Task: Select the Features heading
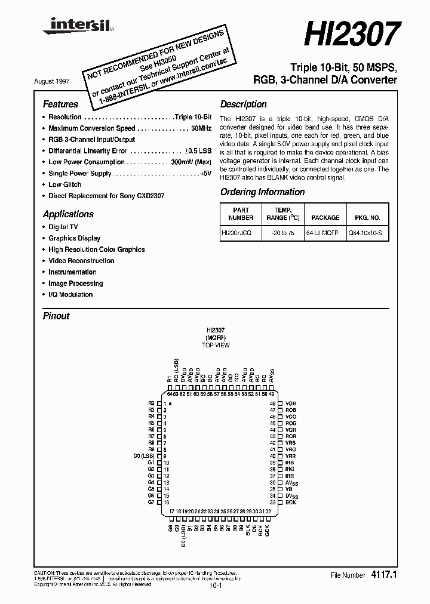60,104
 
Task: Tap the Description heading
243,104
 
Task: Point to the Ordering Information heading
262,192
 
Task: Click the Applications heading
68,214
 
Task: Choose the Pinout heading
56,316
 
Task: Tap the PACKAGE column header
325,218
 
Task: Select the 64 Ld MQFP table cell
321,235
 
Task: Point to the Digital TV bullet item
63,227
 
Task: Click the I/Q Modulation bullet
70,295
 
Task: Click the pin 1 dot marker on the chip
171,404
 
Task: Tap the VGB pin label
291,404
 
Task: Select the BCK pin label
291,503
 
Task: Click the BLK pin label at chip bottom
247,529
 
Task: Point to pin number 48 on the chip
272,404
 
